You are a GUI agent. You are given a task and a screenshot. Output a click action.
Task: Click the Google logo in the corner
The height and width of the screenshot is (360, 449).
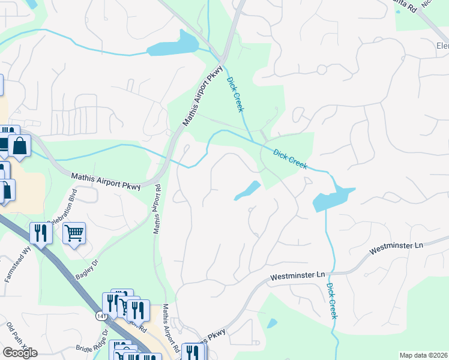[x=20, y=353]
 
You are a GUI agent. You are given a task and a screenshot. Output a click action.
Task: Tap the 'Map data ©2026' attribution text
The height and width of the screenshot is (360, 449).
[x=424, y=355]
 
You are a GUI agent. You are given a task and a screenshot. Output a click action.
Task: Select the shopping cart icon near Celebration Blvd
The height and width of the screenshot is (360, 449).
[x=74, y=232]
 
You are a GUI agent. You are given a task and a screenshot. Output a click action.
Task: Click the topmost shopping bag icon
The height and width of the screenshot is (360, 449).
[x=20, y=145]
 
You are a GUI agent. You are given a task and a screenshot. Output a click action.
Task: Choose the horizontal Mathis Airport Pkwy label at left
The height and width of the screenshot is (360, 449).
[x=106, y=182]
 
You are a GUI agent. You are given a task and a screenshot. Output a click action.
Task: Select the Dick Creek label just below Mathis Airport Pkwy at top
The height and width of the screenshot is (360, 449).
[x=235, y=94]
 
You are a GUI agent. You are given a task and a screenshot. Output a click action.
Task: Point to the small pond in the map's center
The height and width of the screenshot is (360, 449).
[x=248, y=190]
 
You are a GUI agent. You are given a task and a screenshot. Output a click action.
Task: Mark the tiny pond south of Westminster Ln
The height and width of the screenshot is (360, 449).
[x=272, y=323]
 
